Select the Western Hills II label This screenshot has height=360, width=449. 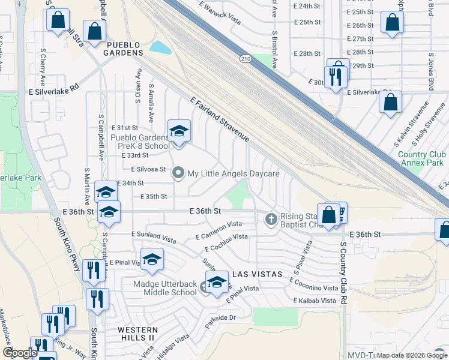pos(138,334)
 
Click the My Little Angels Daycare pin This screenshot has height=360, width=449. pos(178,173)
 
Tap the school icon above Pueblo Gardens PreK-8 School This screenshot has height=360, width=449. pos(179,131)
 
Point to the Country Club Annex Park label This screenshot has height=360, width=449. pos(421,158)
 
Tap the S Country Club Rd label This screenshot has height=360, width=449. pos(344,274)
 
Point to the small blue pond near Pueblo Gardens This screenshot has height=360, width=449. pos(160,47)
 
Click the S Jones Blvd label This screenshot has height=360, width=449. pos(431,8)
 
